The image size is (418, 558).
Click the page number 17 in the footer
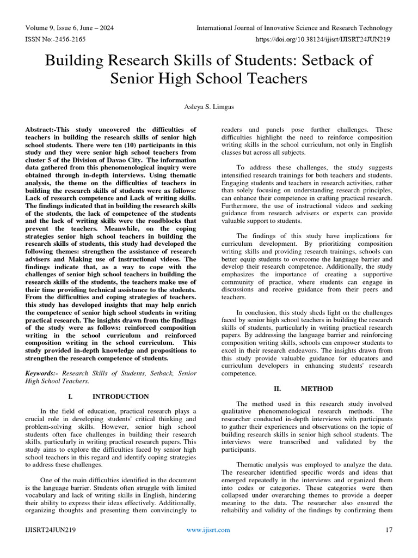click(x=389, y=530)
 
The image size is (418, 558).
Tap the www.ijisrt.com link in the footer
click(x=208, y=530)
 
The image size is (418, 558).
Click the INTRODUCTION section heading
click(x=120, y=396)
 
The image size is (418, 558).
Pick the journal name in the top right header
click(x=294, y=28)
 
